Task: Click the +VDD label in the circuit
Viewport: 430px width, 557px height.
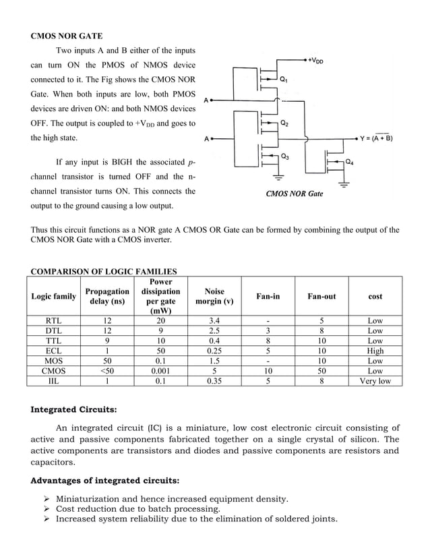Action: pyautogui.click(x=315, y=60)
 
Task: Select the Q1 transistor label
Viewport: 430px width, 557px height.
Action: pyautogui.click(x=286, y=79)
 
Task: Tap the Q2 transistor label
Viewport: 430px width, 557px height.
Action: pyautogui.click(x=286, y=123)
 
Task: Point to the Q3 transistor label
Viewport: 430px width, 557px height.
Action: pyautogui.click(x=286, y=158)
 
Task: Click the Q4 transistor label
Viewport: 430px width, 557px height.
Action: pyautogui.click(x=350, y=162)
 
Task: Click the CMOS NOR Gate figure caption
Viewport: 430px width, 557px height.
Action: pyautogui.click(x=294, y=194)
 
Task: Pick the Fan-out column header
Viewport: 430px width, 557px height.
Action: pyautogui.click(x=321, y=296)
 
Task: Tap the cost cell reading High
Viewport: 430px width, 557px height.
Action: pyautogui.click(x=375, y=351)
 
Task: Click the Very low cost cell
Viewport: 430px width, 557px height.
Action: pyautogui.click(x=375, y=381)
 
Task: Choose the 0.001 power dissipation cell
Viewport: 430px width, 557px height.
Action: pyautogui.click(x=160, y=371)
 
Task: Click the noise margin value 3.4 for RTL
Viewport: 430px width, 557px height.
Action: pyautogui.click(x=214, y=320)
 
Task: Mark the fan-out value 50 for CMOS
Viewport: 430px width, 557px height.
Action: pyautogui.click(x=321, y=371)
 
